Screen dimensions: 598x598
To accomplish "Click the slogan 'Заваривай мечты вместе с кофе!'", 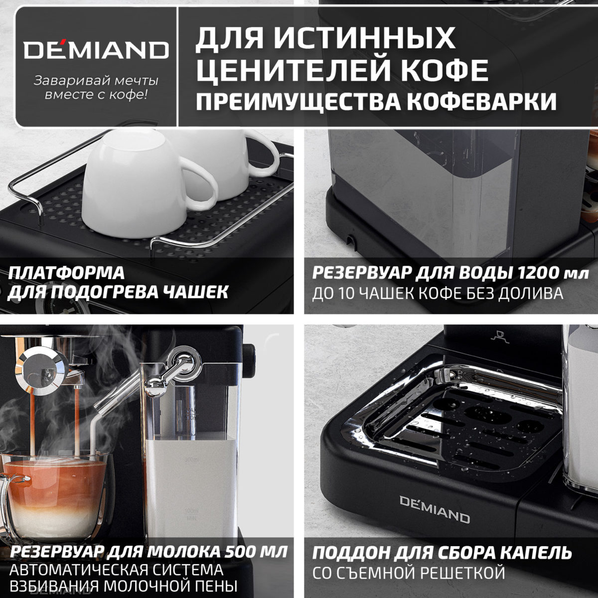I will (x=96, y=87).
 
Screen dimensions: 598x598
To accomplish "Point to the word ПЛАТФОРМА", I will (x=66, y=274).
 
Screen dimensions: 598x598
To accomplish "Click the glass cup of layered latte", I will (x=55, y=493).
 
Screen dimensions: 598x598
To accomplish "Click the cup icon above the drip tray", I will (x=498, y=335).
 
